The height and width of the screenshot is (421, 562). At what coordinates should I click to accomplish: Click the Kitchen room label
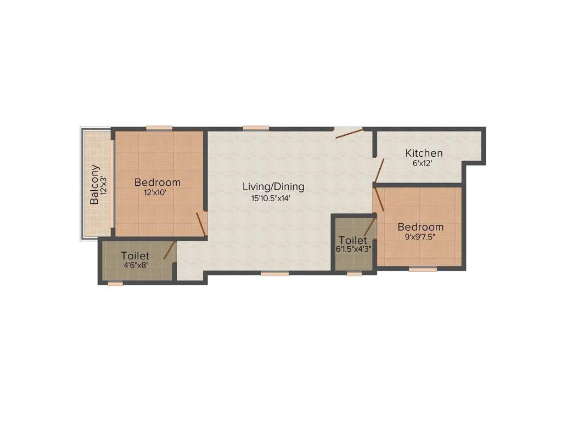(x=424, y=153)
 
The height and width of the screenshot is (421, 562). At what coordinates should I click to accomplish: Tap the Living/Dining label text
(x=273, y=187)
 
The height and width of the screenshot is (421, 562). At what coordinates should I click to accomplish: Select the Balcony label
(x=95, y=184)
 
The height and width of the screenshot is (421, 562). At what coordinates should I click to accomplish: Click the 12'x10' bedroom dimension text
(x=155, y=192)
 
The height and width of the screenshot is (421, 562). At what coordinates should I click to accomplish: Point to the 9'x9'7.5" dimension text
(x=420, y=237)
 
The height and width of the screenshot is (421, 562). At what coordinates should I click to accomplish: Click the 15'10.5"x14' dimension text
(x=271, y=198)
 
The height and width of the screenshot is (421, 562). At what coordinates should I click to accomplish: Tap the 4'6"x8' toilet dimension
(x=135, y=265)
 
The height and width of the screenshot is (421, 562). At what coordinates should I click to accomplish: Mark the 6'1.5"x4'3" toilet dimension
(x=354, y=249)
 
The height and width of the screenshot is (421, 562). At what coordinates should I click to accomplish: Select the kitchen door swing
(x=379, y=171)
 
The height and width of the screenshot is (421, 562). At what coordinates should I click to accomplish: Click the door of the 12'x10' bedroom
(x=201, y=225)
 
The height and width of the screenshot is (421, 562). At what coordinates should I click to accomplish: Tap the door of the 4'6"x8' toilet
(x=170, y=251)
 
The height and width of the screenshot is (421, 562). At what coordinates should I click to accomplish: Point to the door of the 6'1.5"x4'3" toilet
(x=369, y=226)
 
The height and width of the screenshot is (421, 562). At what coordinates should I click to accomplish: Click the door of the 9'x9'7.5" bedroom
(x=379, y=200)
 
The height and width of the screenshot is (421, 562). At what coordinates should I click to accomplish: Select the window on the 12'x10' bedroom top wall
(x=159, y=128)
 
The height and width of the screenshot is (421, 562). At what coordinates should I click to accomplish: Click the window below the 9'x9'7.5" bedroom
(x=423, y=269)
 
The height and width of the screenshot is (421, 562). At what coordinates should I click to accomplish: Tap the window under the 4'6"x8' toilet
(x=115, y=283)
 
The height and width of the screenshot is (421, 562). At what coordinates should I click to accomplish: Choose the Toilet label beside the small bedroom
(x=352, y=240)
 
